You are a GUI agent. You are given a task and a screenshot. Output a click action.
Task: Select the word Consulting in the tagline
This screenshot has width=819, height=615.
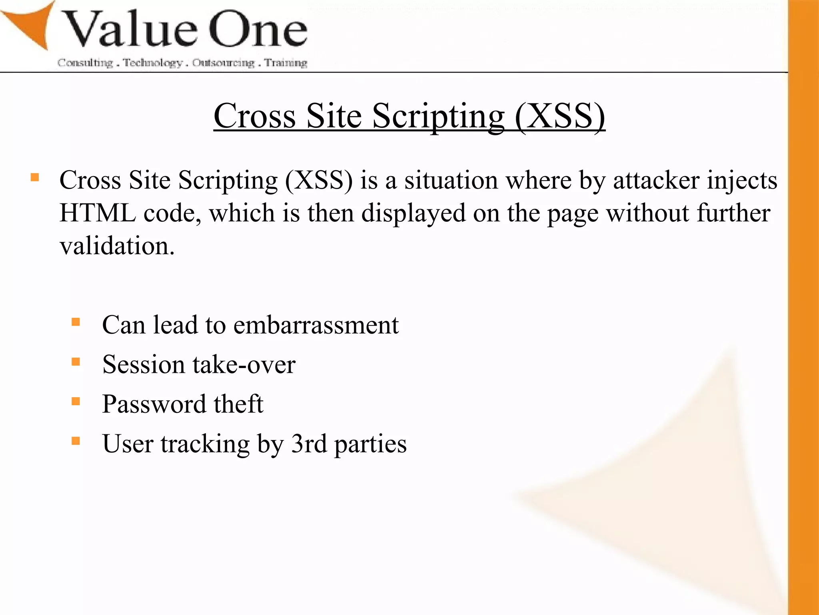coord(85,63)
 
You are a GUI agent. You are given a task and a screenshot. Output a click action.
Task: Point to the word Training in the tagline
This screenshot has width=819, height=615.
coord(286,63)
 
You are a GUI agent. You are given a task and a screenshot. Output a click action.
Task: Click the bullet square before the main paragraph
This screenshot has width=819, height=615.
coord(35,177)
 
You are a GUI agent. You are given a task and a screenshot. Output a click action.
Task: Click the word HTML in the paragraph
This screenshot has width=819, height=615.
coord(98,213)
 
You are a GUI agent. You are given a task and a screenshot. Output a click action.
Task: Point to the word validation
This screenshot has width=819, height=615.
coord(117,246)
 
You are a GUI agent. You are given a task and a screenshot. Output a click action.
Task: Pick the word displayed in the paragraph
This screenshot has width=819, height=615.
coord(413,213)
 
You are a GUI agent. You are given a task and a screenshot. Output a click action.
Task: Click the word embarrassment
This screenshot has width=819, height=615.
coord(316,325)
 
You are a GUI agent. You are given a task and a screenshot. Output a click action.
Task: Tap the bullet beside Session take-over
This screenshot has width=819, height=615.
coord(76,362)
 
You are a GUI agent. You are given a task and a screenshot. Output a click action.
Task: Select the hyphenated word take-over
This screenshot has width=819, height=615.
coord(244,365)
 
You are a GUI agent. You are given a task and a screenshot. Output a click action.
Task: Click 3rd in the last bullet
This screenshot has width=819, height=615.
coord(309,444)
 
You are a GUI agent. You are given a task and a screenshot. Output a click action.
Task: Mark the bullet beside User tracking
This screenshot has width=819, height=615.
coord(76,441)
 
